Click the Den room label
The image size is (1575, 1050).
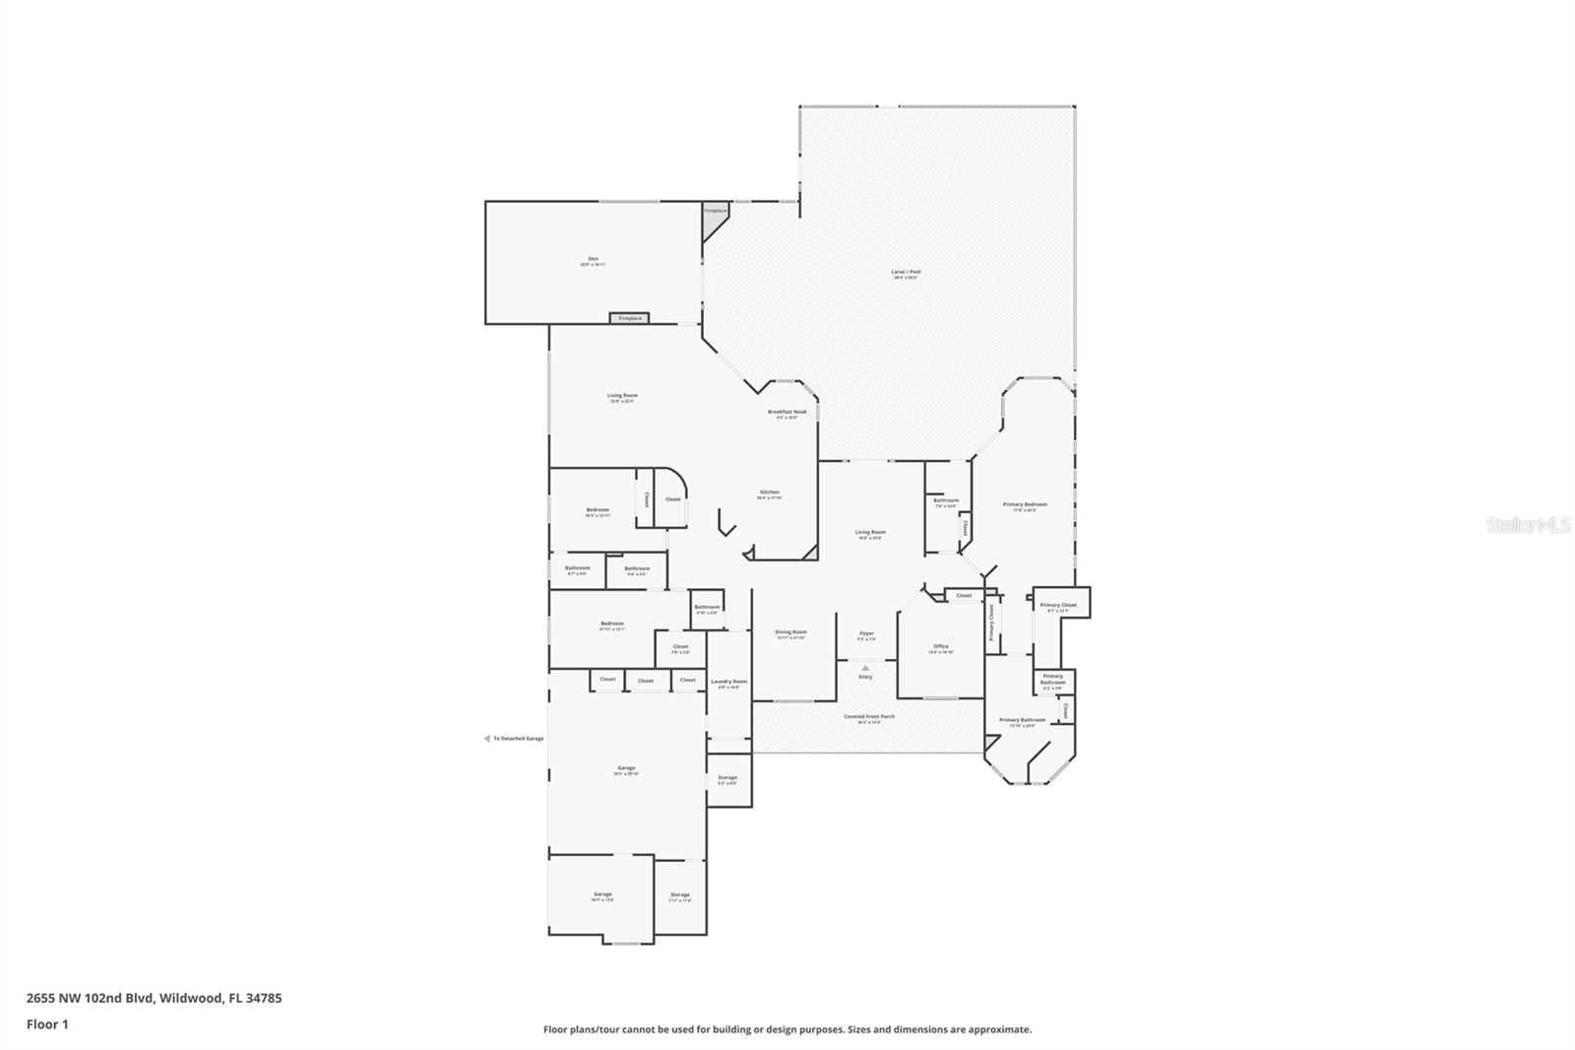(x=593, y=259)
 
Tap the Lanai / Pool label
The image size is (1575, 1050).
(x=907, y=272)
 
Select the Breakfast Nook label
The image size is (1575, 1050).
(x=787, y=412)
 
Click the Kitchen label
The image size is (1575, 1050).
(x=769, y=492)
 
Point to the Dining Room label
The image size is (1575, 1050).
(x=790, y=632)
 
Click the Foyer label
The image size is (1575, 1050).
(x=866, y=633)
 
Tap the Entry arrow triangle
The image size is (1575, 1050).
(x=865, y=668)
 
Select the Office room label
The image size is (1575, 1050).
(x=940, y=647)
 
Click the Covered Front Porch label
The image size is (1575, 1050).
(x=869, y=717)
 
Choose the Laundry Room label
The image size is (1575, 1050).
(x=728, y=682)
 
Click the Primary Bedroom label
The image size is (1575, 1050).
(x=1025, y=505)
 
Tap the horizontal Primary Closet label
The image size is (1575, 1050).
(x=1058, y=605)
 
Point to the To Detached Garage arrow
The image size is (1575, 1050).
(x=486, y=738)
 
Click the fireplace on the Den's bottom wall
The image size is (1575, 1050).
(x=630, y=318)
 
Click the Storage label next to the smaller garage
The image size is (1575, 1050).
(x=679, y=895)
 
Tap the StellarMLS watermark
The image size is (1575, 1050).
(x=1529, y=526)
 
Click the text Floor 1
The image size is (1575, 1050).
(x=47, y=1024)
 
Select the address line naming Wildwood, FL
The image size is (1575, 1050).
(x=154, y=998)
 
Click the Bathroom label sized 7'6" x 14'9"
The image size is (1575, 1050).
(x=945, y=501)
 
